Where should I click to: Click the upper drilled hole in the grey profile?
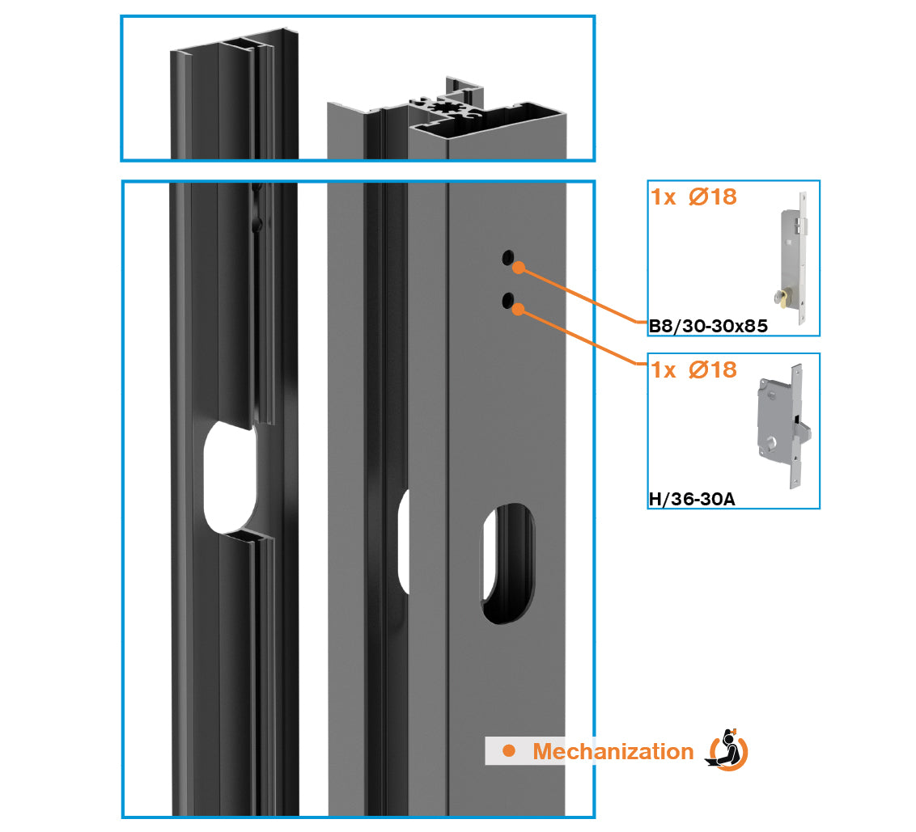(x=507, y=257)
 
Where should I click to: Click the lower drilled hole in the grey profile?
(x=507, y=300)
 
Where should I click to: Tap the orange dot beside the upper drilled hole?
(x=519, y=268)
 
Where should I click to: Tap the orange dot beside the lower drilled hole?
(x=518, y=309)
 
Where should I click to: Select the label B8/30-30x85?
(x=708, y=326)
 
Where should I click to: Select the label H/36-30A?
(x=692, y=499)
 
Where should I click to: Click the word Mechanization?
(x=613, y=751)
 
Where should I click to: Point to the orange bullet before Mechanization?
(x=509, y=751)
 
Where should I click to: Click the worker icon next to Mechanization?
(x=727, y=750)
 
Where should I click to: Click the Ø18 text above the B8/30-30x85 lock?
(x=713, y=196)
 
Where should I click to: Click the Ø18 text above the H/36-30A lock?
(x=713, y=370)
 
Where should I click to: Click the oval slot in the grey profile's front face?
(x=507, y=564)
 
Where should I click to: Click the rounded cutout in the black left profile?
(x=230, y=478)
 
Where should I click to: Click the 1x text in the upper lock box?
(x=664, y=197)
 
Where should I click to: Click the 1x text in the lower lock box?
(x=664, y=370)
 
